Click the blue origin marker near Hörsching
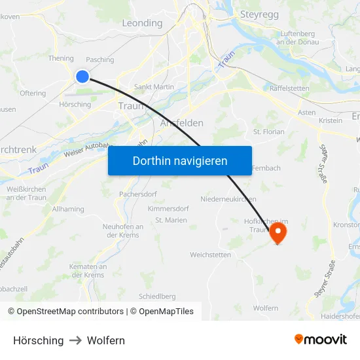82,77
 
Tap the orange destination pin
278,232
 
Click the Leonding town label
142,23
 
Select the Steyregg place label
261,13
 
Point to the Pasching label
100,60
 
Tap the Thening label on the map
61,58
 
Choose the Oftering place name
33,94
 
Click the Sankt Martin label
153,87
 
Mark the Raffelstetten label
289,88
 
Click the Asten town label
306,113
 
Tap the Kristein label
331,120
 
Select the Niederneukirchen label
228,199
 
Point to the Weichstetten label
210,255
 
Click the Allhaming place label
68,209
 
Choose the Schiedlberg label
157,297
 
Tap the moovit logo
321,340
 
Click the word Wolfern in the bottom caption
106,340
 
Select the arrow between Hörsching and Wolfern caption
75,340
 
